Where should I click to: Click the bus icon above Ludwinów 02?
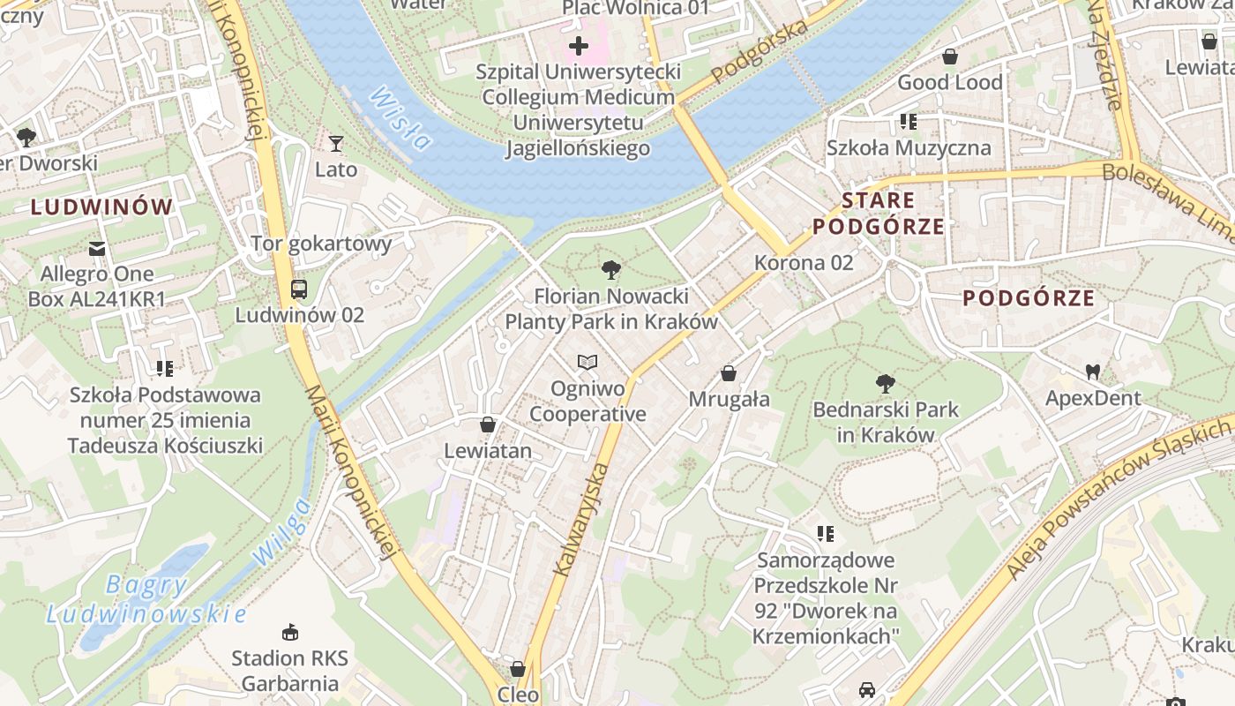click(x=299, y=289)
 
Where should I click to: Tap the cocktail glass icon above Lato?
click(x=335, y=143)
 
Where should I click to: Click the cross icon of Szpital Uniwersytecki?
click(x=579, y=45)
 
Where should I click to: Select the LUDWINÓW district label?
click(x=102, y=207)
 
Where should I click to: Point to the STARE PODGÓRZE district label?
click(x=879, y=214)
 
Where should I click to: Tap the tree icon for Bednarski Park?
click(x=885, y=384)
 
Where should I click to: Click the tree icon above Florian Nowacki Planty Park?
click(x=610, y=270)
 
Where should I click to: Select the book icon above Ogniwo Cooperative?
click(x=588, y=362)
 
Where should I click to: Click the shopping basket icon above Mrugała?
click(x=729, y=373)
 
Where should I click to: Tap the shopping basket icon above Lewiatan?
click(x=487, y=425)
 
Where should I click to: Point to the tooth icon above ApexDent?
click(x=1093, y=372)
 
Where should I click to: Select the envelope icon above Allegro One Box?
click(x=97, y=249)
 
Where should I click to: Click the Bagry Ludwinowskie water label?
click(x=146, y=599)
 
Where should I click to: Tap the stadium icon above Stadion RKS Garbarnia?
click(x=289, y=632)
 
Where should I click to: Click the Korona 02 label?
click(x=804, y=262)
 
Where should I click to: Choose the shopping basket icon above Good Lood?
click(x=950, y=57)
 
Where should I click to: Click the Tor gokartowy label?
click(x=321, y=244)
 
